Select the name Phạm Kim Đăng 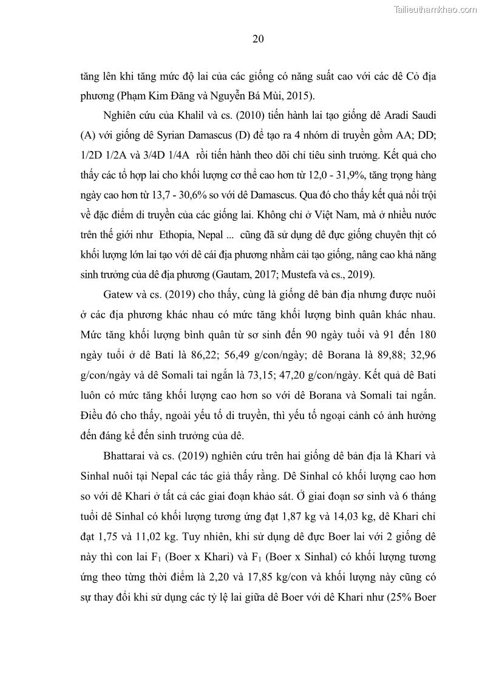tap(155, 95)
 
